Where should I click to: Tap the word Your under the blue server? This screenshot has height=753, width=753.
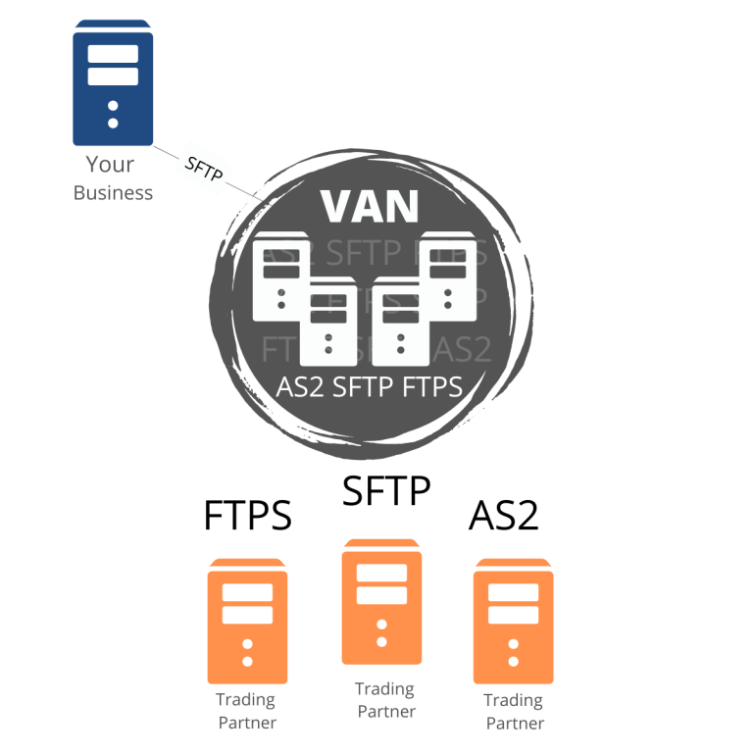click(x=109, y=165)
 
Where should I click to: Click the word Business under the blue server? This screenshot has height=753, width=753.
click(x=113, y=192)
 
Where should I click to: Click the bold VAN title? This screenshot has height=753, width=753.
click(x=370, y=206)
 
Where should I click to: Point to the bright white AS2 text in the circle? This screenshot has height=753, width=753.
click(x=301, y=387)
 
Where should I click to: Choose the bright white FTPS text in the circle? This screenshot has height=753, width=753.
click(x=432, y=387)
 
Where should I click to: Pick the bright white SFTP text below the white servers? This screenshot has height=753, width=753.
click(x=365, y=387)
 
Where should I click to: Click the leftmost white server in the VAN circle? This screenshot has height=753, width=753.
click(x=281, y=278)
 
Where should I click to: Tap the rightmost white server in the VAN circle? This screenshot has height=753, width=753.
click(x=448, y=276)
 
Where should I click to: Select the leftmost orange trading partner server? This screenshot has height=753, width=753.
click(x=247, y=622)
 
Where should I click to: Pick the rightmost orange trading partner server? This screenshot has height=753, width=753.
click(x=513, y=622)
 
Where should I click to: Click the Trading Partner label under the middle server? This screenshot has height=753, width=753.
click(x=385, y=700)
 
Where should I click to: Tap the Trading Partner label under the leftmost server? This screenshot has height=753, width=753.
click(x=247, y=711)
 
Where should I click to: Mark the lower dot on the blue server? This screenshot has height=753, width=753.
click(x=113, y=123)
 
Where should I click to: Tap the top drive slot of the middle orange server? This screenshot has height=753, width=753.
click(x=381, y=574)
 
